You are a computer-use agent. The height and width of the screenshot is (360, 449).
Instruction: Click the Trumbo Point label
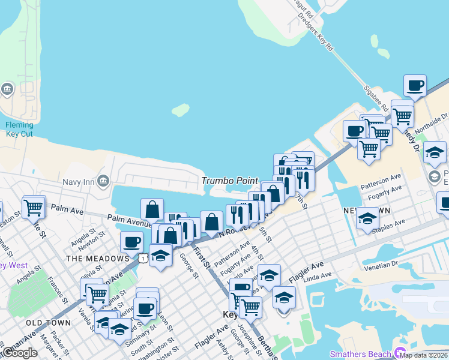(230, 181)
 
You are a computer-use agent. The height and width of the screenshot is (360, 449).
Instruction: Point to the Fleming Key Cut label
(20, 129)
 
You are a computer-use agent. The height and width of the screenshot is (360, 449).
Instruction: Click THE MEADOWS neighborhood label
(89, 259)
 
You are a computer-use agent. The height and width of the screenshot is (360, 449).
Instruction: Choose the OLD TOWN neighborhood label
(49, 323)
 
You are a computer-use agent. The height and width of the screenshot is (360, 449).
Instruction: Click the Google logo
(20, 352)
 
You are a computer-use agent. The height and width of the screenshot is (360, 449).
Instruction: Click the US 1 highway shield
(142, 257)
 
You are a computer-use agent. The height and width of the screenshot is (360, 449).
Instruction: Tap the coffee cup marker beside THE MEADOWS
(131, 242)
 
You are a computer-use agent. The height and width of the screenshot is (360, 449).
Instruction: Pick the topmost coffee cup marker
(415, 85)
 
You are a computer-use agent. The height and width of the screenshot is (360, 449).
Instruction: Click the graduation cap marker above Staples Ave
(367, 218)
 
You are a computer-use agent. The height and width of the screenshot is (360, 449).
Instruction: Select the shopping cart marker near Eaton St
(34, 206)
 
